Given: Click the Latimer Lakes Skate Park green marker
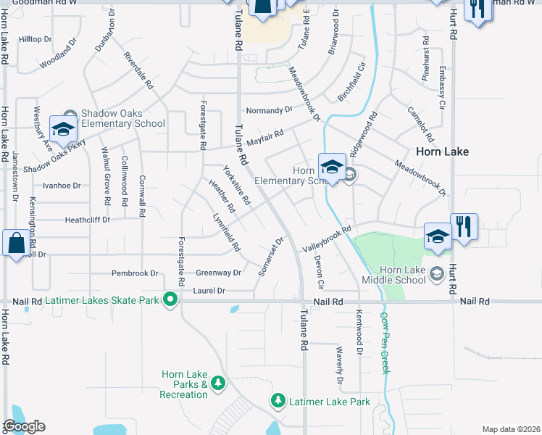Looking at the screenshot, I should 171,299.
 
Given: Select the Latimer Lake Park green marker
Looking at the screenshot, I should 278,401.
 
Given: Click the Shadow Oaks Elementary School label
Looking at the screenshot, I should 122,118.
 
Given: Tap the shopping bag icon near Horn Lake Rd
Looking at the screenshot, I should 16,243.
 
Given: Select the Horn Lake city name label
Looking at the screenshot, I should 443,152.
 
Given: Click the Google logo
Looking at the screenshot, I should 24,426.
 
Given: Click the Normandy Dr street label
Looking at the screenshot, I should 269,110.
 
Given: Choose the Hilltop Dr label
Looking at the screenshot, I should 36,39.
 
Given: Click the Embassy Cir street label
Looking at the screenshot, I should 442,87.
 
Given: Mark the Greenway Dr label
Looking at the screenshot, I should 218,273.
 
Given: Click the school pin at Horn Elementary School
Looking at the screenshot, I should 332,167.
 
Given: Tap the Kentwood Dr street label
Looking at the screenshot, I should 359,332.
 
